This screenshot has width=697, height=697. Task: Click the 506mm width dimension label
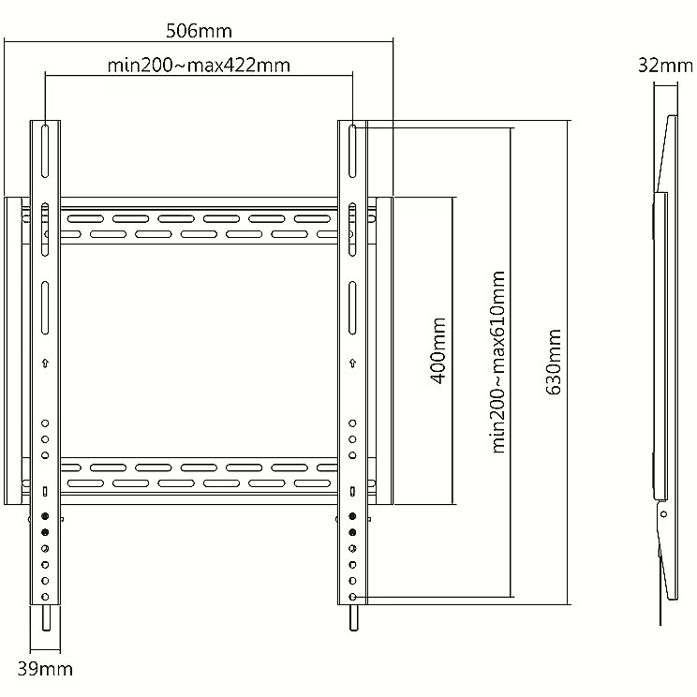click(x=199, y=31)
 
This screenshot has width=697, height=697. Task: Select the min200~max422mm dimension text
click(x=199, y=66)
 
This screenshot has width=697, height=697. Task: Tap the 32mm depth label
click(x=665, y=66)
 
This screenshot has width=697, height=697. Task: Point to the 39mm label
click(x=45, y=669)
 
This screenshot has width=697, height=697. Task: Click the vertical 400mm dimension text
click(x=438, y=350)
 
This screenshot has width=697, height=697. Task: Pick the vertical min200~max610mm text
click(x=497, y=362)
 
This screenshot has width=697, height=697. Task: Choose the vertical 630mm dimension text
click(x=554, y=362)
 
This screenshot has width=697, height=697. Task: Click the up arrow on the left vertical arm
click(x=45, y=363)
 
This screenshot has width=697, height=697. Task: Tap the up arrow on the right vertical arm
click(x=353, y=363)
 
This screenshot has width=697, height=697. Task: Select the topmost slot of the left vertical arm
click(x=45, y=151)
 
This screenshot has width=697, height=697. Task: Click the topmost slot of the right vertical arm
click(x=352, y=151)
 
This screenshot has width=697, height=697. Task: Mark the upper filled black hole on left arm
click(x=45, y=516)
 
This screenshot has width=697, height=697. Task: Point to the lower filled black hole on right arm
click(x=353, y=532)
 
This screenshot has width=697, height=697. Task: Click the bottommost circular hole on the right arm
click(x=353, y=597)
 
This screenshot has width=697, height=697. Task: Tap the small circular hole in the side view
click(x=663, y=514)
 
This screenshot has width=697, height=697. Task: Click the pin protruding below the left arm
click(x=45, y=618)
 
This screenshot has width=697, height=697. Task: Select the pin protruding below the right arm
click(x=353, y=618)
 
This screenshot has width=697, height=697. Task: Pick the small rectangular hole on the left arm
click(x=45, y=491)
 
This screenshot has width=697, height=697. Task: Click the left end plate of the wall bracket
click(x=13, y=350)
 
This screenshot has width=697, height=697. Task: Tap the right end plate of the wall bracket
click(x=384, y=350)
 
